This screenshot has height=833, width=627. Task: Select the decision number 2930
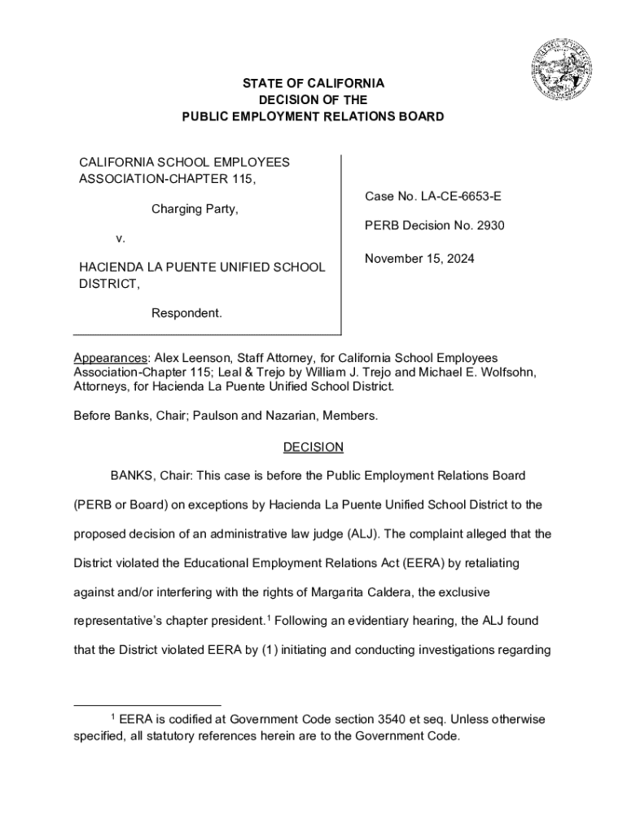click(488, 225)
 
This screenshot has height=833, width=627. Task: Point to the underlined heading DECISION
click(313, 447)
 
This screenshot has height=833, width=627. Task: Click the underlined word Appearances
click(106, 358)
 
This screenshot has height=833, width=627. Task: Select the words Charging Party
click(195, 209)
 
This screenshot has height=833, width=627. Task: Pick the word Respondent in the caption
click(186, 313)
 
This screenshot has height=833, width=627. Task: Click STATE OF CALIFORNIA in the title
click(313, 84)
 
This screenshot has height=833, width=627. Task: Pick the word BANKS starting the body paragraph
click(132, 475)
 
